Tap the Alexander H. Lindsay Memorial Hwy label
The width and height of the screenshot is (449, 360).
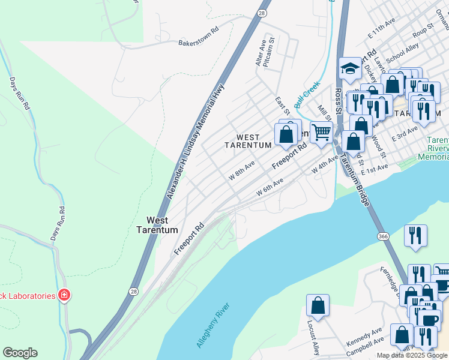point(195,140)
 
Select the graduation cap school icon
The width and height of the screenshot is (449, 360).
point(349,69)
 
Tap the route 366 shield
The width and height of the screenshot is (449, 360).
point(383,237)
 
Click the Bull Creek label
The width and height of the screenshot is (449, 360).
point(305,95)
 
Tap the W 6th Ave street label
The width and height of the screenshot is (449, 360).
point(270,186)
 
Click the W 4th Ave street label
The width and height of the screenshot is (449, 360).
point(325,167)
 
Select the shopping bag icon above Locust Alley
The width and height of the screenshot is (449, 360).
point(318,306)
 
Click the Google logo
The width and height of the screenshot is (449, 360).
point(20,353)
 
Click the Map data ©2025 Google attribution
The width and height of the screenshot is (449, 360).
point(412,355)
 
